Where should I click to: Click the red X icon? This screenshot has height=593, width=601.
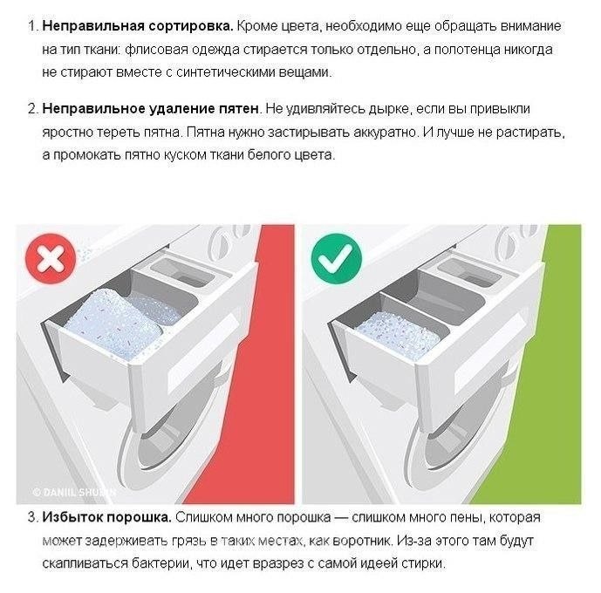[x=51, y=259]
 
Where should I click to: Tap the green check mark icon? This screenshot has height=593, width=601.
[x=336, y=259]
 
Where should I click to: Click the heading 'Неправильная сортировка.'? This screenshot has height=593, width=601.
[x=138, y=26]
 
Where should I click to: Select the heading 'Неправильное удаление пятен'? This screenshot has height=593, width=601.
[x=150, y=109]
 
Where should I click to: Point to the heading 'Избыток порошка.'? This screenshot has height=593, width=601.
[x=106, y=517]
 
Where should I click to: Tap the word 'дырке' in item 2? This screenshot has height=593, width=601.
[x=389, y=110]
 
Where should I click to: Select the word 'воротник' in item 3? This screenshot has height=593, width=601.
[x=361, y=541]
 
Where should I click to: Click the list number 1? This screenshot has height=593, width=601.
[x=32, y=26]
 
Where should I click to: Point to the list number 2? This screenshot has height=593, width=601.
[x=32, y=109]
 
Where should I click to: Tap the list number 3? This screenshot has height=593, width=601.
[x=32, y=517]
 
